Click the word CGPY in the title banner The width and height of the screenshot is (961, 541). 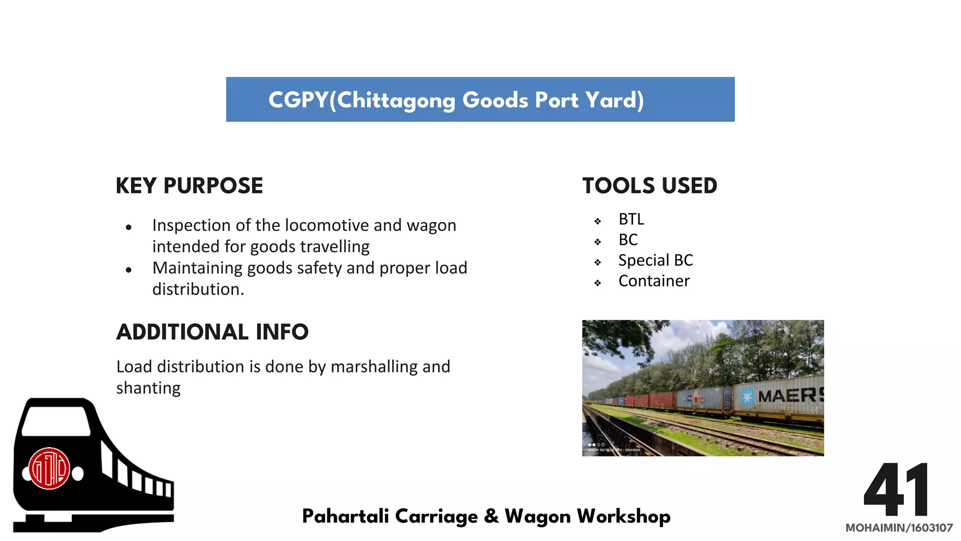click(298, 100)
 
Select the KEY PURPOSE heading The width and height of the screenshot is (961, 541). click(189, 186)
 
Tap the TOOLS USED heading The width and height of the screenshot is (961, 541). click(649, 186)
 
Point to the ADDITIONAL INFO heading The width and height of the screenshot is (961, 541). click(212, 332)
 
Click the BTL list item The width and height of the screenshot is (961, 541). click(631, 219)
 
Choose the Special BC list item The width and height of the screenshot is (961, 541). click(656, 260)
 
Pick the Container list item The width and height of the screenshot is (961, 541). click(654, 281)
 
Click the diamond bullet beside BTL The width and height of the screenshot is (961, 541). click(597, 221)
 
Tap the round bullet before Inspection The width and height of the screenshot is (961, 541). click(129, 227)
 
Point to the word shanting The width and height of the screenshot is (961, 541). click(148, 388)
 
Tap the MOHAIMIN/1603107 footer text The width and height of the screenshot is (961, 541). click(899, 528)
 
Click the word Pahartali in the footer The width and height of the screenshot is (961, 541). click(345, 516)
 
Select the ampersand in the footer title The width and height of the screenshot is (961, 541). click(491, 516)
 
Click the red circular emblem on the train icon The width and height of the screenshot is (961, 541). click(49, 469)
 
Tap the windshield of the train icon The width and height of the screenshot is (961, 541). click(55, 420)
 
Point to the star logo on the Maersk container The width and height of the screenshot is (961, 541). click(747, 397)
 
